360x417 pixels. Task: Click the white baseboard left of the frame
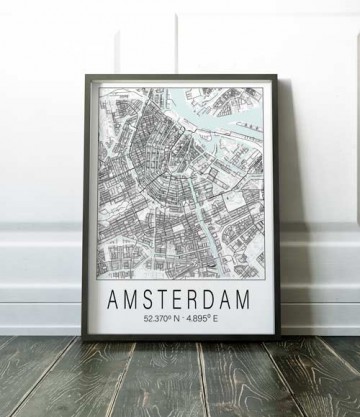[x=40, y=290]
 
